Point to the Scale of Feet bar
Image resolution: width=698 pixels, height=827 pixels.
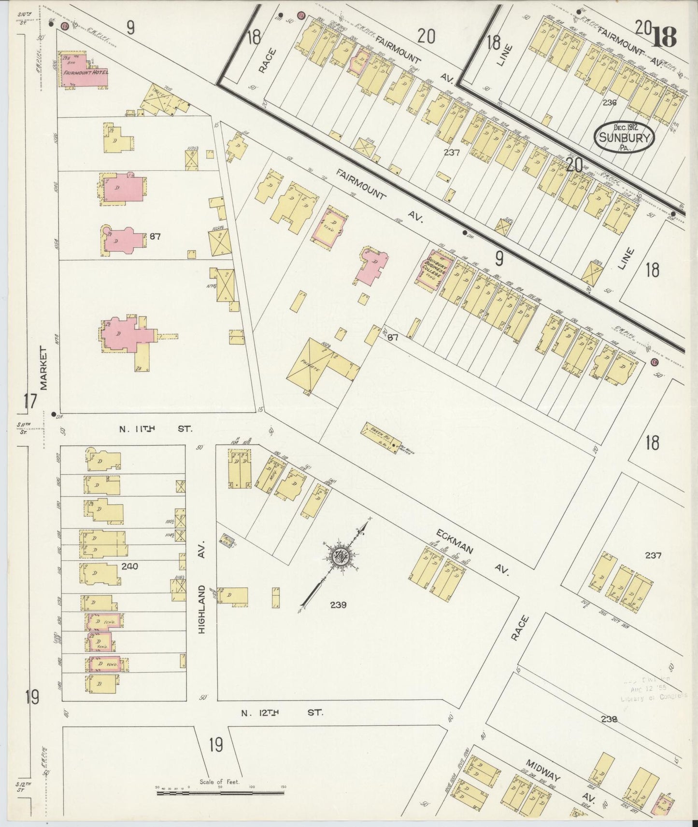[220, 792]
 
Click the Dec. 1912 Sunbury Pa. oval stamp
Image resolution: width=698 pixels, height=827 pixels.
[624, 137]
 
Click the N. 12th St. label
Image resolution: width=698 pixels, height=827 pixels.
[282, 712]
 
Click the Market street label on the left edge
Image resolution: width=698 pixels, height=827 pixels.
[44, 368]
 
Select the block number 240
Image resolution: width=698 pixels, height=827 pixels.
[130, 566]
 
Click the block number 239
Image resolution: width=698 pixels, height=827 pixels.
[338, 605]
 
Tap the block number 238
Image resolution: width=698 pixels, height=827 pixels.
[610, 718]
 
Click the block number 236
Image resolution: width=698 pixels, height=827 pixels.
[610, 102]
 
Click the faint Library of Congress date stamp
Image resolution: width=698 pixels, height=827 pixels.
[648, 690]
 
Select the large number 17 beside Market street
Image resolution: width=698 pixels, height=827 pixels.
[30, 401]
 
